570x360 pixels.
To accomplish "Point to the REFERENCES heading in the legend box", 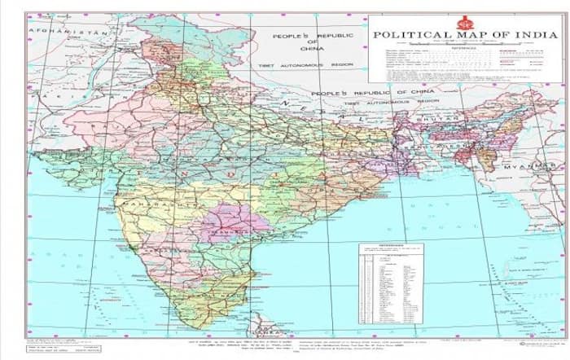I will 466,47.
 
